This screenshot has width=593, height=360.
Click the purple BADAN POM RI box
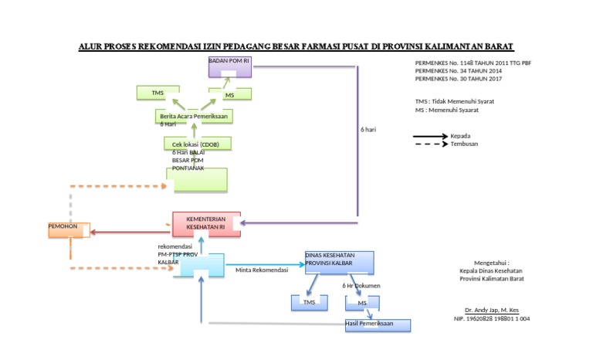tap(230, 67)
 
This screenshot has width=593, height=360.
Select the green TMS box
tap(158, 93)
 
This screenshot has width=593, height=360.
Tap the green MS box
tap(229, 94)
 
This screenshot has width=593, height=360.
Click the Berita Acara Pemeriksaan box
tap(193, 117)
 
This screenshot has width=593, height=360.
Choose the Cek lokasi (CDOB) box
tap(197, 144)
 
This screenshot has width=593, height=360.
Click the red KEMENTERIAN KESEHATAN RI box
tap(205, 224)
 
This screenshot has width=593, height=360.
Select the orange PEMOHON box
tap(69, 229)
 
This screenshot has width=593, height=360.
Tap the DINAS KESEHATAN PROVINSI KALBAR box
tap(340, 262)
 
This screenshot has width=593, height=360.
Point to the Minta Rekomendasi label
tap(262, 270)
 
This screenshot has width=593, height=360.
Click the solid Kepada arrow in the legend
tap(431, 136)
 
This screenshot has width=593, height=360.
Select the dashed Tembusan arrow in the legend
tap(431, 144)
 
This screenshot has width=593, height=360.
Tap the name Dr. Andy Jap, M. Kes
tap(486, 310)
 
